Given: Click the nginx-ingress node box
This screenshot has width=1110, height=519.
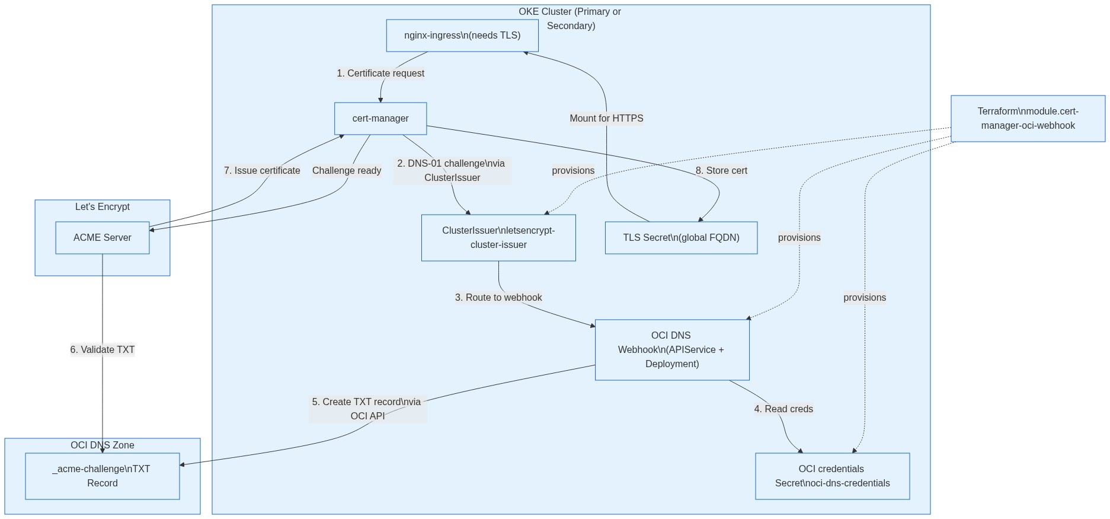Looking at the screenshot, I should click(462, 36).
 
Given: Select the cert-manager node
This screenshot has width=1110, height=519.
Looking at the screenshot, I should click(380, 119).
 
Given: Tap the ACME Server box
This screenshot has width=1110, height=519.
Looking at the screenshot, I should click(103, 238).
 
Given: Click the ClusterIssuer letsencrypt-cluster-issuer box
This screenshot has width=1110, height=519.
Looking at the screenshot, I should click(498, 238).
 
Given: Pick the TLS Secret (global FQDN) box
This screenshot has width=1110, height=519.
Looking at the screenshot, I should click(681, 238).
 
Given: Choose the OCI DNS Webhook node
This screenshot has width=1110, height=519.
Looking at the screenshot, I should click(672, 350).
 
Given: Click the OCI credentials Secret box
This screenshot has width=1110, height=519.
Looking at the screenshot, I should click(832, 476).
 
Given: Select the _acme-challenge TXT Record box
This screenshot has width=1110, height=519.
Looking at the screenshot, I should click(103, 476).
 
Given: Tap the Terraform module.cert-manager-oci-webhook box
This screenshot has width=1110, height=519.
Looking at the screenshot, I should click(1028, 119).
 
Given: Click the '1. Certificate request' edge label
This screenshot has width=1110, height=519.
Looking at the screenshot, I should click(380, 74).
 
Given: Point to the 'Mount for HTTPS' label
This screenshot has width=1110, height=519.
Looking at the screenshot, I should click(606, 119).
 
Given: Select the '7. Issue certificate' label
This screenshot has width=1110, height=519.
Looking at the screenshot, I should click(262, 171).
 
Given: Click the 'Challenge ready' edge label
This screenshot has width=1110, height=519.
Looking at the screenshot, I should click(347, 171).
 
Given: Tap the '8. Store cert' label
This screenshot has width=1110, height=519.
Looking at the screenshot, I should click(721, 171).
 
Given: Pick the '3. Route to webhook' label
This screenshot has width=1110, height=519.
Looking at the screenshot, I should click(498, 298).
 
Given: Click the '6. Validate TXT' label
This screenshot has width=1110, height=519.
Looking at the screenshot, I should click(103, 350).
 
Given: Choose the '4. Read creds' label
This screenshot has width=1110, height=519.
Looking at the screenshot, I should click(783, 409).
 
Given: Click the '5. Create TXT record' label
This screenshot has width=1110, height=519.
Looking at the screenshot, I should click(367, 409).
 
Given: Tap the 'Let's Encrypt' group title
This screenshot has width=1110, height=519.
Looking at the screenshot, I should click(103, 207).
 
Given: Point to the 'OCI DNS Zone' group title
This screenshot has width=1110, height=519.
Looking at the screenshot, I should click(103, 445).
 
